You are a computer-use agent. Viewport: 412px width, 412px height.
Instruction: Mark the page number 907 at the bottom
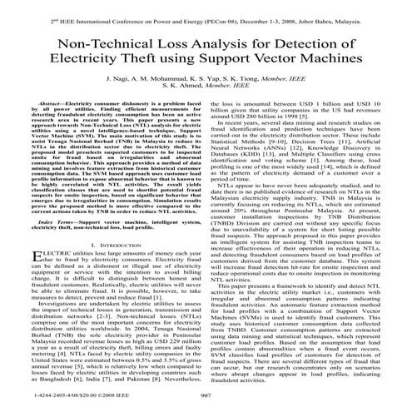pyautogui.click(x=206, y=400)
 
